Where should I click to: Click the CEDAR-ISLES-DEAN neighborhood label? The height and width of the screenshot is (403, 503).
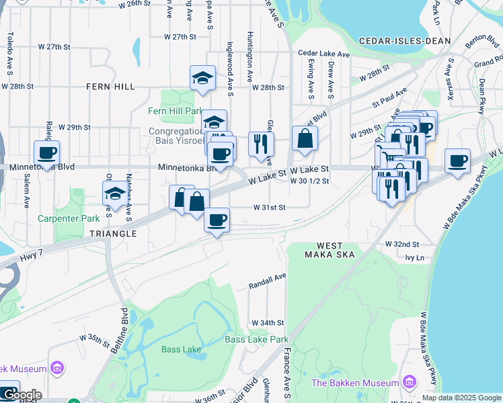point(405,41)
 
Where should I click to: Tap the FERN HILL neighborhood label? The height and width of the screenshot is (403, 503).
point(110,87)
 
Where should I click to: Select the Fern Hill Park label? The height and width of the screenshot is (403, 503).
point(176,110)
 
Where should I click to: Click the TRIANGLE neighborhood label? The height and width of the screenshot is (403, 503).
point(112,234)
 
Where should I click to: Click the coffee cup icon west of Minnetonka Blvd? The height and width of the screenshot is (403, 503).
point(46,153)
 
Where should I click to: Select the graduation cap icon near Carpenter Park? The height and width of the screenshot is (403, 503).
point(114,195)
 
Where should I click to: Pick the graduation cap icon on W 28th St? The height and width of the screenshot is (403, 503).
point(202,78)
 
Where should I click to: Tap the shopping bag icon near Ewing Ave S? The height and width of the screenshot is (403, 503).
point(305,138)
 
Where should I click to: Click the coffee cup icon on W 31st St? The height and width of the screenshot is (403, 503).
point(217,220)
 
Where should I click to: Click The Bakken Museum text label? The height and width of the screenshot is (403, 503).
point(355,383)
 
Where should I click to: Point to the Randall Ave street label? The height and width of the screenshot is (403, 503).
point(268,275)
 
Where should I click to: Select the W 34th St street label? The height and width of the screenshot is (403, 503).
point(266,323)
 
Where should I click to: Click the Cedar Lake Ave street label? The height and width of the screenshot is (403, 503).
point(324,54)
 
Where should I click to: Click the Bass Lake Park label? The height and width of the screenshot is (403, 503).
point(257,339)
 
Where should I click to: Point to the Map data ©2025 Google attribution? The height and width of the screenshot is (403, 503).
point(461,398)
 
